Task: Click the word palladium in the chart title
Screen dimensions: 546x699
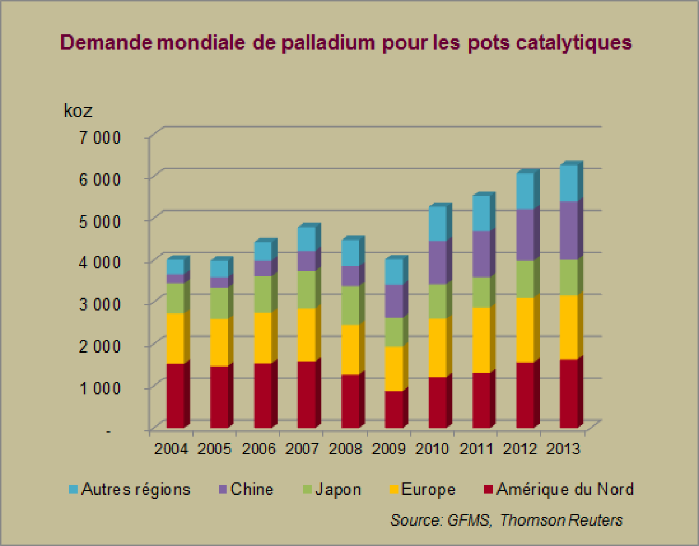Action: click(328, 42)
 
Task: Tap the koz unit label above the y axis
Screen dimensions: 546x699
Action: click(78, 111)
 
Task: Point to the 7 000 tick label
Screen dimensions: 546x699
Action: click(100, 137)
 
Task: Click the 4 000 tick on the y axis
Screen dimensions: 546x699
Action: click(100, 263)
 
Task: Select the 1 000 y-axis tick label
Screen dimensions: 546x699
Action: click(100, 388)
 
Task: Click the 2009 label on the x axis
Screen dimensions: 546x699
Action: click(389, 448)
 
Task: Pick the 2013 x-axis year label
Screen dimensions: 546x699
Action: click(563, 448)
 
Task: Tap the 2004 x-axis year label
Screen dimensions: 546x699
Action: click(171, 448)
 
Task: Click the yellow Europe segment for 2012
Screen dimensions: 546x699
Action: click(525, 330)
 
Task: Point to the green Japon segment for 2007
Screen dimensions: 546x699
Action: click(306, 289)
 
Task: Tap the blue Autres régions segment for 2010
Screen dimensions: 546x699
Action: click(437, 223)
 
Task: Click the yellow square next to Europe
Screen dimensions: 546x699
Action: click(394, 490)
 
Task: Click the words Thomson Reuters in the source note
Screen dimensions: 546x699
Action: click(561, 520)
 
